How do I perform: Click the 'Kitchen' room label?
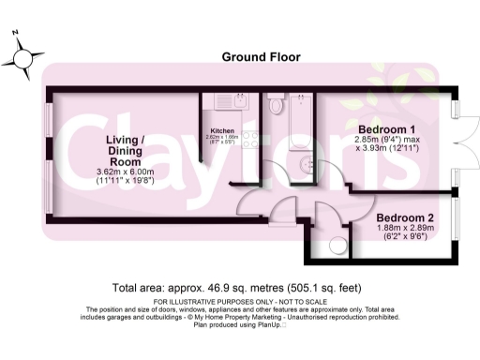coord(221,130)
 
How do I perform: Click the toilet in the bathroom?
coord(276,105)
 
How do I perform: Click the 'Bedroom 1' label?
coord(386,127)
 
